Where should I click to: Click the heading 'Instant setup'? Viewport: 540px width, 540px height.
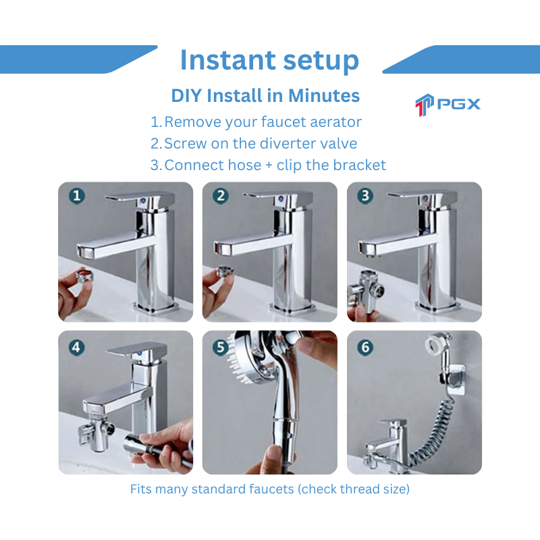click(269, 61)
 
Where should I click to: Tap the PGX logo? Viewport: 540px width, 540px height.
click(448, 104)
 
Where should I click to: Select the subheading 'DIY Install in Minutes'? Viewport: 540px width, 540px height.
click(265, 96)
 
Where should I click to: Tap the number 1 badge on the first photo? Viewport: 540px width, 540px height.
click(77, 196)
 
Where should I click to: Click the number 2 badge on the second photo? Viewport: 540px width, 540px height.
click(221, 196)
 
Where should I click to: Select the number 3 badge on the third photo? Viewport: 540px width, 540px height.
click(366, 196)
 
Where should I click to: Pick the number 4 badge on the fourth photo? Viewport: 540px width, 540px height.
click(77, 346)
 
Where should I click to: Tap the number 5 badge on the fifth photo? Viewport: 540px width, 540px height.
click(221, 346)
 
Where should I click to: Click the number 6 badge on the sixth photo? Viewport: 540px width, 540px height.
click(366, 346)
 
